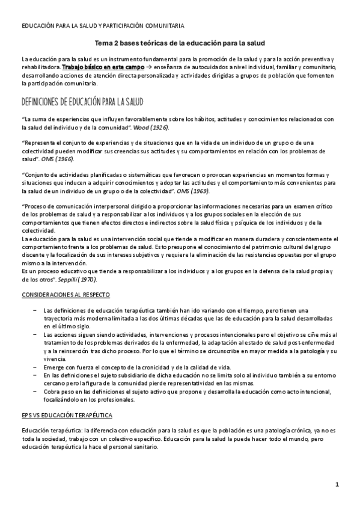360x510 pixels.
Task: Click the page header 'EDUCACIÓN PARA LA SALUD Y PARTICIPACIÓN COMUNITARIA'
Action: (x=103, y=26)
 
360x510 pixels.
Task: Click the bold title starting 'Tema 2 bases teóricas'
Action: (x=180, y=43)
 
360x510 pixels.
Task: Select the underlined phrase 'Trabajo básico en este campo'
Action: (x=99, y=68)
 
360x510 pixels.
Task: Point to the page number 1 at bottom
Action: (x=338, y=484)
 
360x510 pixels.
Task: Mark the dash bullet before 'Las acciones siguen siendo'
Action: (x=35, y=334)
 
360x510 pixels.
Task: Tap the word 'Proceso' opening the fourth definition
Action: (x=35, y=206)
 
